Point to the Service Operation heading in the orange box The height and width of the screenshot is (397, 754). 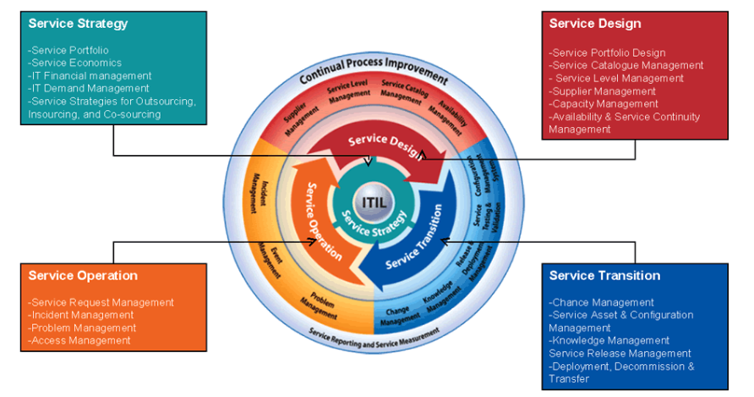(83, 276)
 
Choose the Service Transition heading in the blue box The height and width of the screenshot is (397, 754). (604, 276)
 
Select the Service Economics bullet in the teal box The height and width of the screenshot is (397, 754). (75, 63)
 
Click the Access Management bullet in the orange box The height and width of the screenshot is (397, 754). (79, 340)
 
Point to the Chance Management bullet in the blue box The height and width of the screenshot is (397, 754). (601, 302)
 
